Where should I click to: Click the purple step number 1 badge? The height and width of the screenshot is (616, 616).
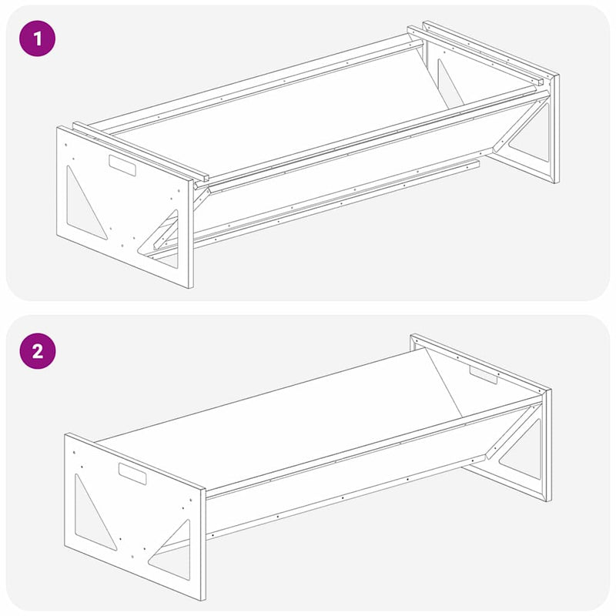[x=38, y=38]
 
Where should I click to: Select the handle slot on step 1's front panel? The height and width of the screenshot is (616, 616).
[x=122, y=164]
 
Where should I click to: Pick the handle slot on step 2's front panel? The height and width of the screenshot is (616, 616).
[x=132, y=474]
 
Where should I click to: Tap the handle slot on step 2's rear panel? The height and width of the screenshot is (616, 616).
[x=484, y=375]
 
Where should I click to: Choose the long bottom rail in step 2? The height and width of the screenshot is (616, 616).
[x=339, y=497]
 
